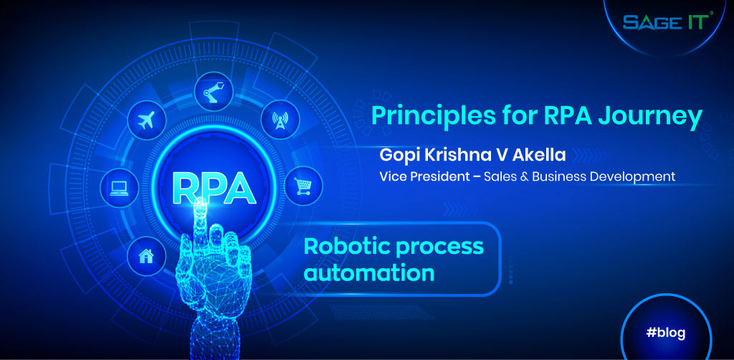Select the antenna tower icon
pos(279,119)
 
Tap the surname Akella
pos(536,156)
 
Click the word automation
pos(369,273)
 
